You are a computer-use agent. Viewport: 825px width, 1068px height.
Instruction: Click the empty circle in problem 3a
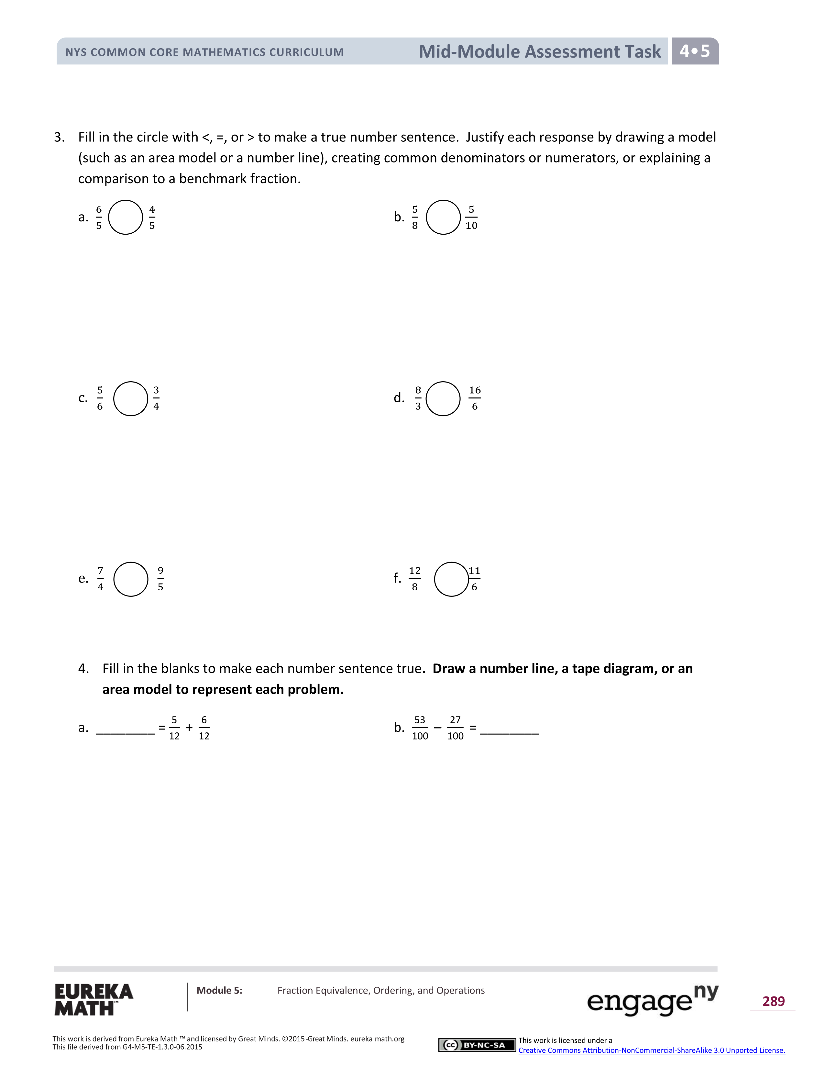125,217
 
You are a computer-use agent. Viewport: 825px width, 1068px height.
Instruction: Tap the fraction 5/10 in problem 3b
471,217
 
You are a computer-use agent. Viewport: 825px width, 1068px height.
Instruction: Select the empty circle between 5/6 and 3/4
130,398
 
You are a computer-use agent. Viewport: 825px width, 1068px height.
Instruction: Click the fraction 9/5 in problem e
160,579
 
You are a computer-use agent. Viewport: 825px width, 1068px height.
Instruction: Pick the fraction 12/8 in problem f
414,579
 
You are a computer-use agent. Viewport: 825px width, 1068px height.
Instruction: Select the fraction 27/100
455,728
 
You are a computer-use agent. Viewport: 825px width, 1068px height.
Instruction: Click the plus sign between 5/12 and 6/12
189,728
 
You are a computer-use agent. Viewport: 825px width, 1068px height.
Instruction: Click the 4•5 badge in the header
695,51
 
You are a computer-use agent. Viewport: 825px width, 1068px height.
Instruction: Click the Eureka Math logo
93,999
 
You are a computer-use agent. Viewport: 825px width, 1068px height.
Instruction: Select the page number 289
773,1001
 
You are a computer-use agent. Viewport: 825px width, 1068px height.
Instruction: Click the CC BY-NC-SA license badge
477,1045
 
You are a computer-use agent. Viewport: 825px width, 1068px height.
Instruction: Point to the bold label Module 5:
219,990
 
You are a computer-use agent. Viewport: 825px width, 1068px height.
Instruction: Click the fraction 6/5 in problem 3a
99,217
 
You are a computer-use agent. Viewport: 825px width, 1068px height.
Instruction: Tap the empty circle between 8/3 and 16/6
443,398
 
